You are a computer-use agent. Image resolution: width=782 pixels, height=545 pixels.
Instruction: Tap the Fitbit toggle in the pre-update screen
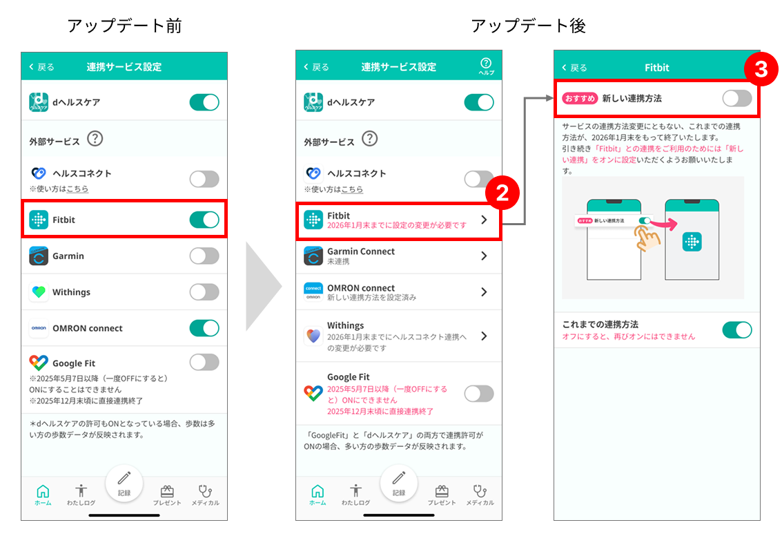pos(204,220)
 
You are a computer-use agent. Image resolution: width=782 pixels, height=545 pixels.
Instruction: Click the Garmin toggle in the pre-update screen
pos(204,256)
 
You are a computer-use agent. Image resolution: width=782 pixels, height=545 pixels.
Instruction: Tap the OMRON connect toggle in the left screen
pos(204,328)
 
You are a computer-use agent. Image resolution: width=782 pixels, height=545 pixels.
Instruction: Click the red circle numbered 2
pos(502,193)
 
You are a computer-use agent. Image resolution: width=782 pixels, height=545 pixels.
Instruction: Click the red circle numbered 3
pos(761,69)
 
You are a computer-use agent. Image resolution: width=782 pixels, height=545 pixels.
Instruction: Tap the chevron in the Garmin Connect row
pos(484,256)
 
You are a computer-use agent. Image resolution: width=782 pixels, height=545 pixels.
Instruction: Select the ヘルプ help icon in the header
pos(486,66)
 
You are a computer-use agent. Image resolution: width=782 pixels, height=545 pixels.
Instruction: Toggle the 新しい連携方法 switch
pos(737,98)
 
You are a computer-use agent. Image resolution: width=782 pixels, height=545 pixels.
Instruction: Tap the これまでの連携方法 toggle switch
pos(737,330)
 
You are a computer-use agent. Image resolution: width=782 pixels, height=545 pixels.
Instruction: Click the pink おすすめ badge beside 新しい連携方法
pos(580,98)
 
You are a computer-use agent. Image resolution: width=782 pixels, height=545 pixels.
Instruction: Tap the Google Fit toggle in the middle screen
pos(479,394)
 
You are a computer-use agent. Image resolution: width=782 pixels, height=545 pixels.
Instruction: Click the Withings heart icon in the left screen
pos(39,292)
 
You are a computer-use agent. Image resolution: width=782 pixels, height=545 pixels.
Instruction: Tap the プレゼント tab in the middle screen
pos(441,495)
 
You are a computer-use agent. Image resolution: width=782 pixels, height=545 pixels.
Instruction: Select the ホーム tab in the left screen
pos(43,495)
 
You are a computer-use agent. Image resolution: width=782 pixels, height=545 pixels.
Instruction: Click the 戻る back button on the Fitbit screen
pos(574,68)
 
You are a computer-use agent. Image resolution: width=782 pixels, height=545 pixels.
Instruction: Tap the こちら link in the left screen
pos(77,189)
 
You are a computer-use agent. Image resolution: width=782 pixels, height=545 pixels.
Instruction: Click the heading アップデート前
pos(124,26)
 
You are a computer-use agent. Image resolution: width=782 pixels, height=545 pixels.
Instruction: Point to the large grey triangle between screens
pos(264,287)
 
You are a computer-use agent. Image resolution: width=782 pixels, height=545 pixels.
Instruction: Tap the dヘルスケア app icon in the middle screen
pos(313,102)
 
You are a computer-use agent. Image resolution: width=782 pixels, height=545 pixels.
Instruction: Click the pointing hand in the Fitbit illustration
pos(646,238)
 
